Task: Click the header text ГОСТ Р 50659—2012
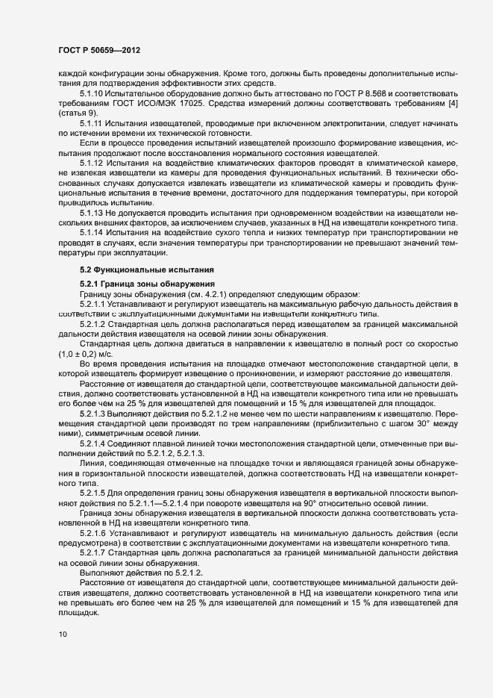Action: (98, 49)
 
